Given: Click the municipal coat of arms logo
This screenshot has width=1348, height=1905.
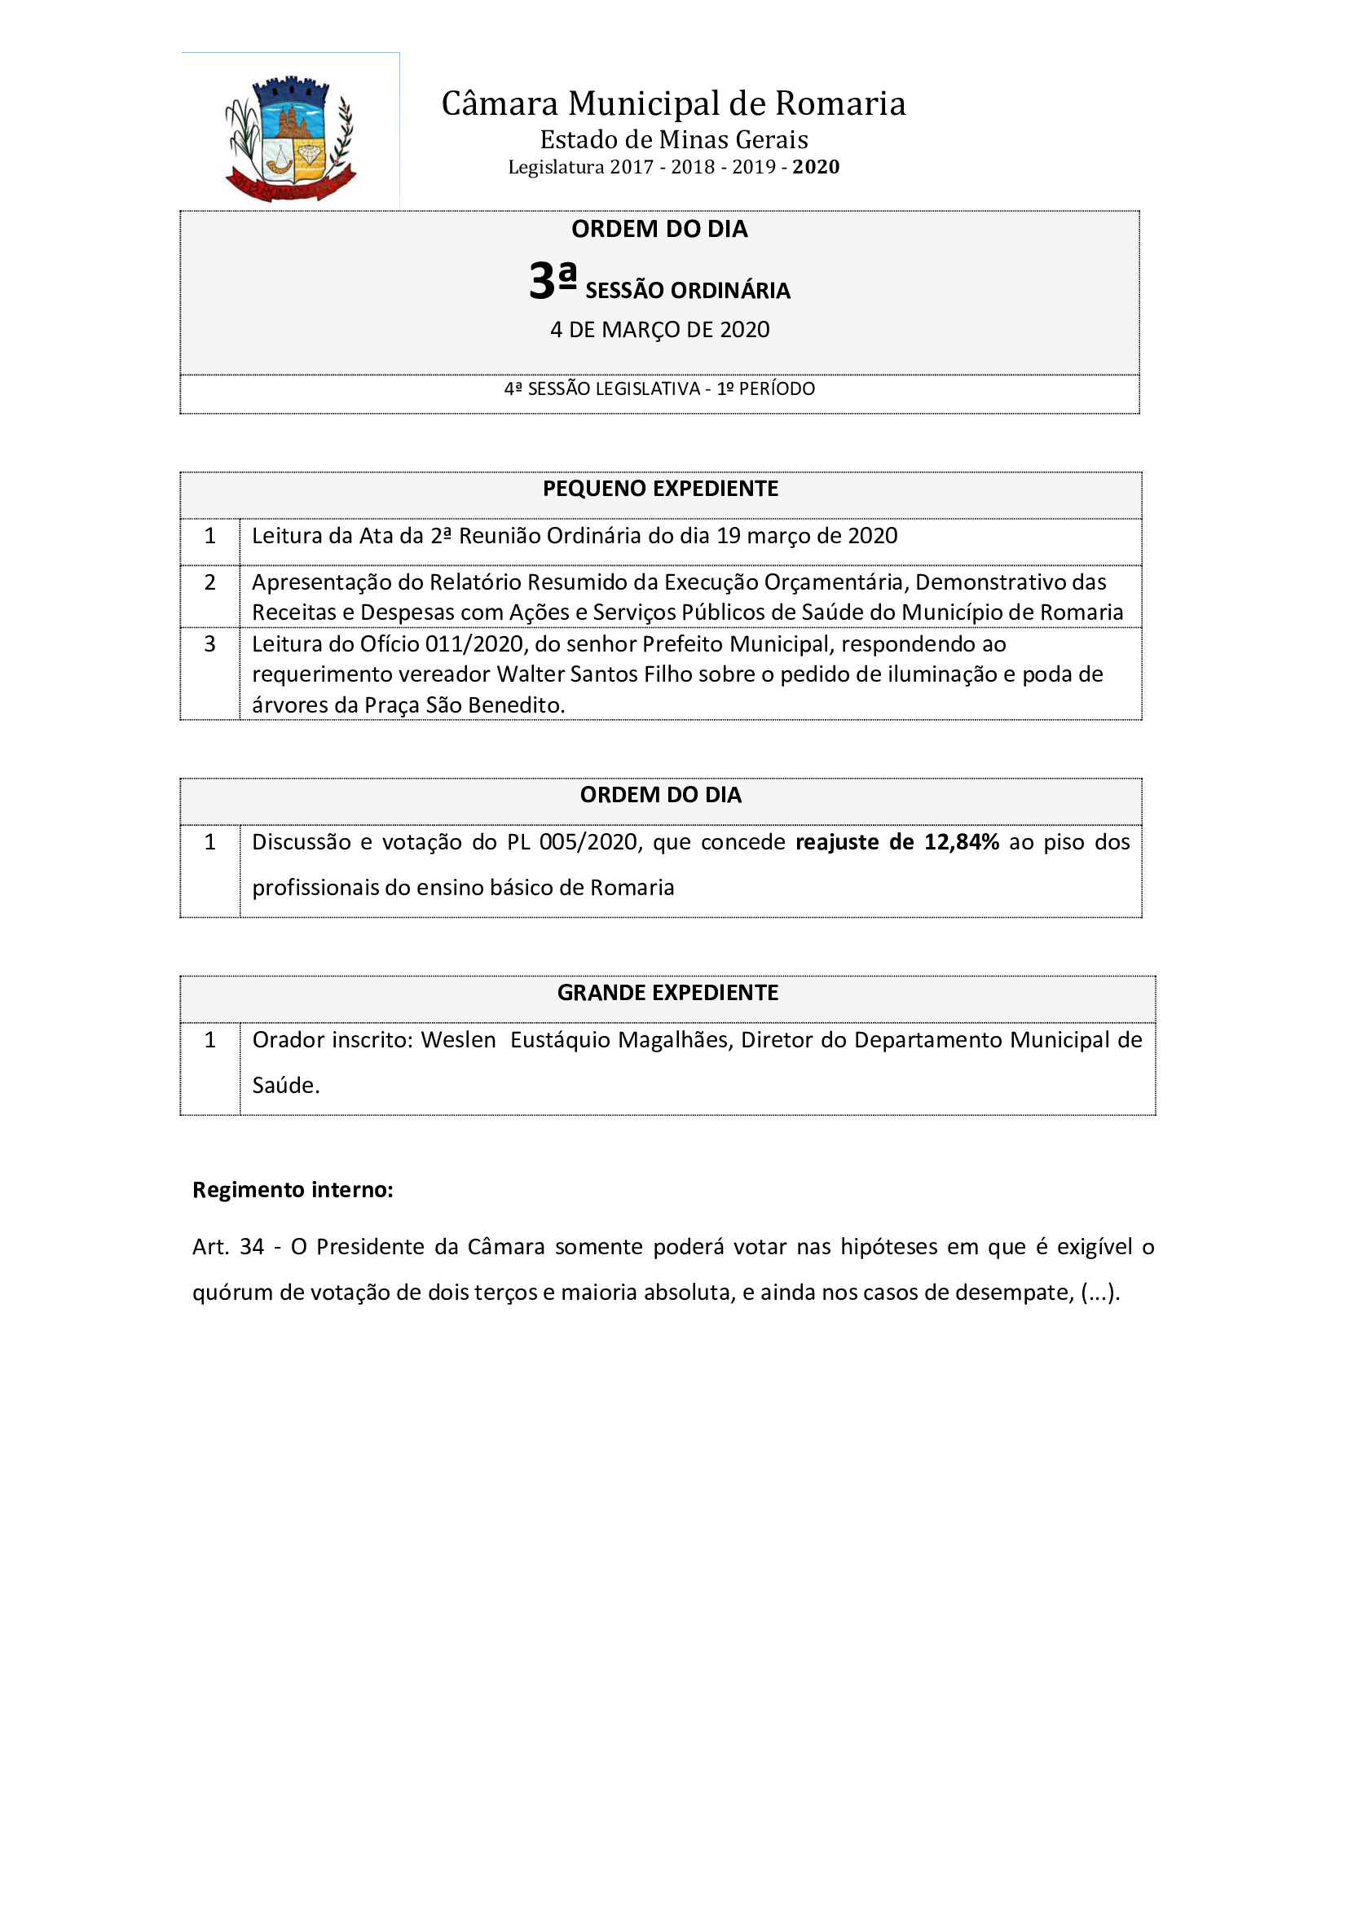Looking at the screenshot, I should coord(290,138).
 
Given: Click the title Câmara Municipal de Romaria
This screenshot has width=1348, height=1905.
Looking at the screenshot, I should coord(673,103).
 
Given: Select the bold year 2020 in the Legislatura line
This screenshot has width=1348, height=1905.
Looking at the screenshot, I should coord(815,168).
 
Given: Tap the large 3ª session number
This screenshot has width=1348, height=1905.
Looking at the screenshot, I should coord(552,280).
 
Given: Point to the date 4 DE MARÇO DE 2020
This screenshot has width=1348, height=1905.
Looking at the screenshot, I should coord(660,330).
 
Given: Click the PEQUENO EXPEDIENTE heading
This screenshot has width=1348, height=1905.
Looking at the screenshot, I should coord(660,489).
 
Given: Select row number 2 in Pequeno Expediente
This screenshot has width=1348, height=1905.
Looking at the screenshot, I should coord(210,582).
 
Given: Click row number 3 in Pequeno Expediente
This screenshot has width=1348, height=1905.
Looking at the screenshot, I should coord(210,644).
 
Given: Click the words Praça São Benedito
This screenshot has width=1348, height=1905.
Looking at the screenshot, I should coord(464,705).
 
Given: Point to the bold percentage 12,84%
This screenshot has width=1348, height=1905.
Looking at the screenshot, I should coord(961,842).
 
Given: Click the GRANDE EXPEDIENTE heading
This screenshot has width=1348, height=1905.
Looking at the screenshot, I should coord(667,993).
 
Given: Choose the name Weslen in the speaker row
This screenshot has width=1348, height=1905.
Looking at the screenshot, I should coord(458,1040).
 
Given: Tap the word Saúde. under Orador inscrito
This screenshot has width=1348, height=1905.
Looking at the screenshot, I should coord(285,1085).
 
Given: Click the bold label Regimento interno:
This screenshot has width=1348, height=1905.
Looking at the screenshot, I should coord(293,1190).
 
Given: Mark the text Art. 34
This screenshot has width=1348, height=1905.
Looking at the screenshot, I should coord(227,1247).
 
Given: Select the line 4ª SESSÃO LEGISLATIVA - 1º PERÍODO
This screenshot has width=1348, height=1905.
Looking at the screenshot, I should coord(659,389).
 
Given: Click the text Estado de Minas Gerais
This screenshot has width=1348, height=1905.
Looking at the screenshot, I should coord(673,139).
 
